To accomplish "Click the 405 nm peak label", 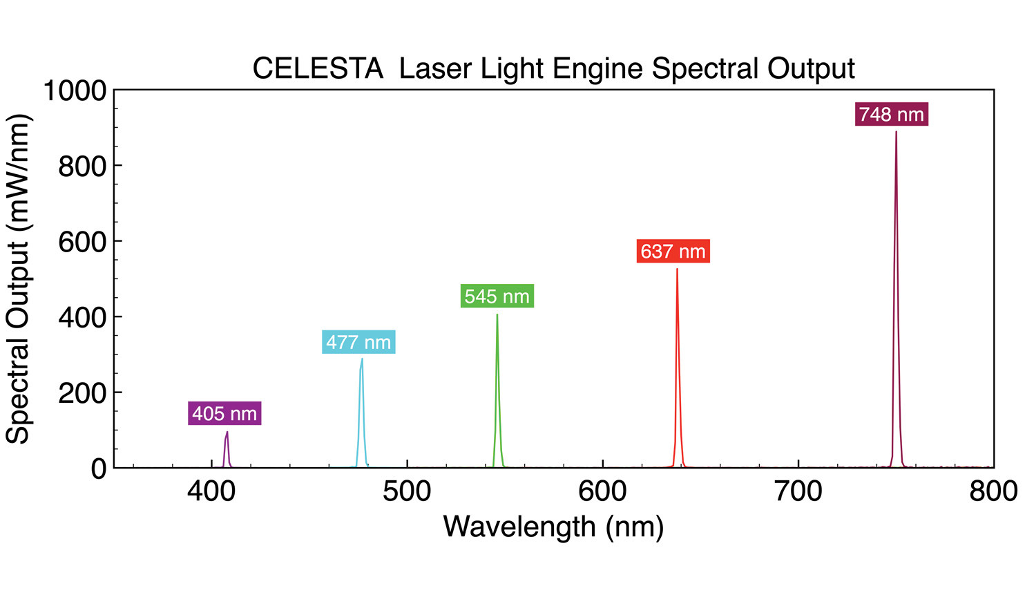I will tap(224, 413).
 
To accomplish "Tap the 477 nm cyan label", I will tap(358, 342).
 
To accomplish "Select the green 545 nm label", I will tap(497, 296).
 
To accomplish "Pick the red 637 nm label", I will tap(673, 251).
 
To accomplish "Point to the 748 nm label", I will tap(891, 114).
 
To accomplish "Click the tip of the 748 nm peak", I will tap(896, 132).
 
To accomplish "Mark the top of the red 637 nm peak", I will tap(677, 269).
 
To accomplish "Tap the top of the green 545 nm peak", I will tap(497, 315).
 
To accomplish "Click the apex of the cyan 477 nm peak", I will tap(361, 359).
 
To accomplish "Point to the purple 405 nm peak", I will tap(227, 433).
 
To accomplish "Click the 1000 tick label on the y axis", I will tap(75, 91).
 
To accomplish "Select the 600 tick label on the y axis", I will tap(82, 242).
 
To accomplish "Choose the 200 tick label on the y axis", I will tap(82, 393).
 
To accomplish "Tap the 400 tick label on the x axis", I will tap(212, 491).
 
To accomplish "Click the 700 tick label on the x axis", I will tap(798, 491).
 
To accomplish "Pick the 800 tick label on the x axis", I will tap(993, 491).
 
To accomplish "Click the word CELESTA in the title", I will tap(318, 69).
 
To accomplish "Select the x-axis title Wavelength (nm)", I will tap(553, 527).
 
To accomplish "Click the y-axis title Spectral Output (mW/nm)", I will tap(19, 279).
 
